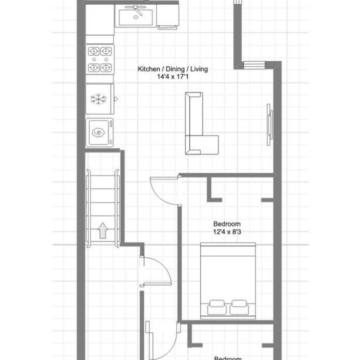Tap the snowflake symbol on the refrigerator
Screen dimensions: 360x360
[98, 99]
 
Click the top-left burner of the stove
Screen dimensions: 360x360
[94, 51]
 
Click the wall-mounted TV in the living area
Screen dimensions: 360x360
[269, 124]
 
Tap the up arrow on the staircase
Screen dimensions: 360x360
[103, 230]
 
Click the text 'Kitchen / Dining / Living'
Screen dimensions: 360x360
[173, 69]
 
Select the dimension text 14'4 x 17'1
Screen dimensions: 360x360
[173, 77]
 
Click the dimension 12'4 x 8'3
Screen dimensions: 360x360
[227, 232]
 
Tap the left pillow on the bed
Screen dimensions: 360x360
[216, 307]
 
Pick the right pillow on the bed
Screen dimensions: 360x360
[239, 307]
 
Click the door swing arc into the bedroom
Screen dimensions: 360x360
[162, 188]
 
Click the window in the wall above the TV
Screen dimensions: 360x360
[253, 65]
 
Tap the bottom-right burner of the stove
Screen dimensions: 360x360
[106, 67]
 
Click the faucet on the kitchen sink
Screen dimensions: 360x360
[137, 10]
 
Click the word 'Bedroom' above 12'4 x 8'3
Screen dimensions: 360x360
[227, 224]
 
